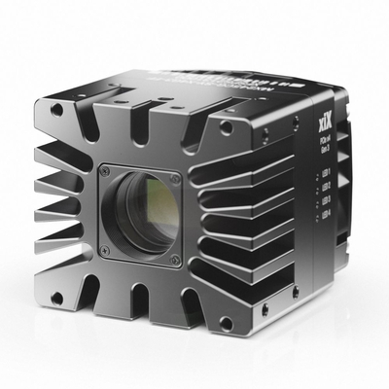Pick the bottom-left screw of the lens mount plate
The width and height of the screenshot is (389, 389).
pyautogui.click(x=106, y=251)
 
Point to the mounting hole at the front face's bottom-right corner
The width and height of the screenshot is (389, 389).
pyautogui.click(x=226, y=322)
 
